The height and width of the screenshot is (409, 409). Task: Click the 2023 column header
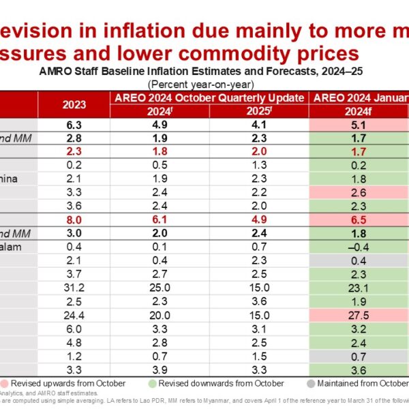(74, 105)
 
